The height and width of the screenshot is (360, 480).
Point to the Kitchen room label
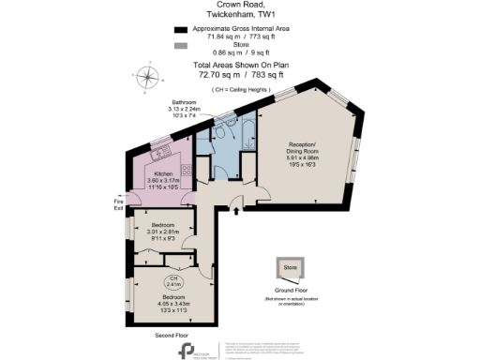pos(163,174)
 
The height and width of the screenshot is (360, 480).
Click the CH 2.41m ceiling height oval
pos(173,281)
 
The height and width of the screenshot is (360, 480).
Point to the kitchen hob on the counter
pos(184,169)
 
